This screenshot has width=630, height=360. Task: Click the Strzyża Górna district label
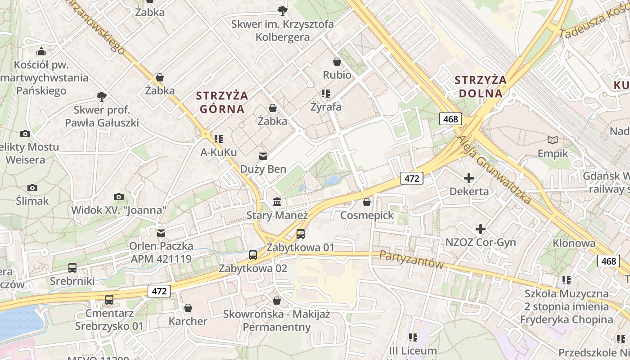click(x=222, y=102)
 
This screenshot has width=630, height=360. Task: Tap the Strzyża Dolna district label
click(x=480, y=87)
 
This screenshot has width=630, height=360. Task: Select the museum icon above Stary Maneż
click(x=277, y=202)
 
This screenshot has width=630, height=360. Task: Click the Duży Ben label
click(x=263, y=169)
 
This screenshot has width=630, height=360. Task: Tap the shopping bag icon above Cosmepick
click(x=367, y=202)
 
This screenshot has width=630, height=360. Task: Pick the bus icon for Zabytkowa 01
click(x=301, y=234)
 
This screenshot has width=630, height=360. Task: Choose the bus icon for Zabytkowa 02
click(x=253, y=255)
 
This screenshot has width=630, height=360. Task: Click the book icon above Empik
click(x=553, y=140)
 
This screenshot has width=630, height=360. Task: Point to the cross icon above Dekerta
click(x=469, y=178)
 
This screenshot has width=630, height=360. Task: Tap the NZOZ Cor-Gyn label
click(x=481, y=243)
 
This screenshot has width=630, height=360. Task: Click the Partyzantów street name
click(x=411, y=260)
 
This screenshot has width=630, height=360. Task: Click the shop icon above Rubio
click(x=337, y=62)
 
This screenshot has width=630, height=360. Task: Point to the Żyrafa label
click(x=326, y=107)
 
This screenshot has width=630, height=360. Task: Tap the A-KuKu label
click(x=219, y=153)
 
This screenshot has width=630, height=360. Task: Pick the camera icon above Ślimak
click(x=32, y=188)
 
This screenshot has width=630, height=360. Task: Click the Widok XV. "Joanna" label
click(x=119, y=210)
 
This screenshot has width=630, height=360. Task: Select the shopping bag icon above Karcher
click(x=188, y=308)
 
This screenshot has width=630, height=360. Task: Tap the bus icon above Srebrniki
click(x=72, y=268)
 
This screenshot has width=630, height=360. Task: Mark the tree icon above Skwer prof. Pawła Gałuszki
click(x=102, y=96)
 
